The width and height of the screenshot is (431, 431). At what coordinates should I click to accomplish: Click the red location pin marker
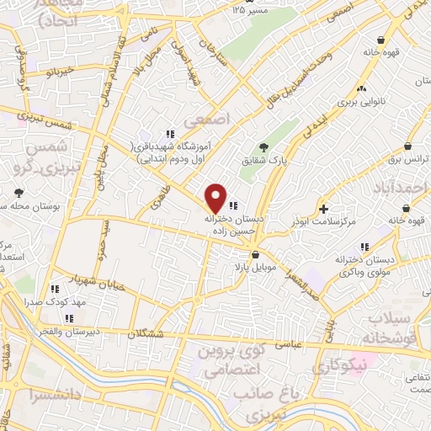tap(216, 198)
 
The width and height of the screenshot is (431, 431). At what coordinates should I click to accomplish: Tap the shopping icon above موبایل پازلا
tap(253, 253)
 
